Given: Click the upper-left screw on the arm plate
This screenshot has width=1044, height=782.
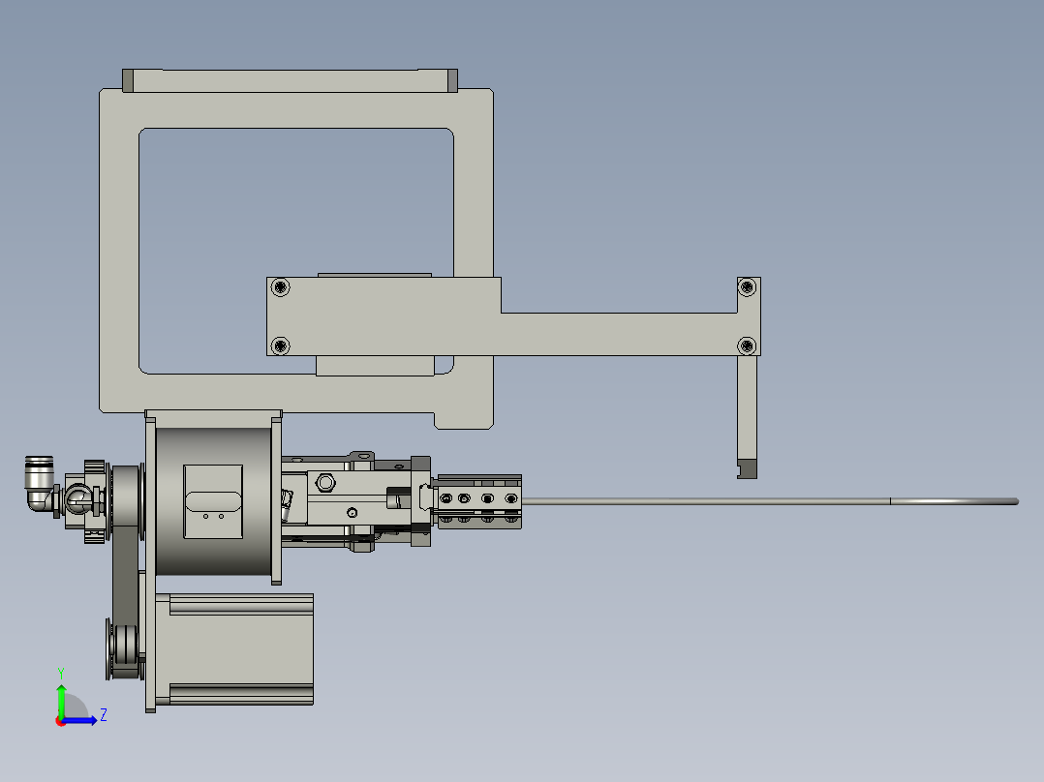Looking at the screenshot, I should click(x=281, y=286).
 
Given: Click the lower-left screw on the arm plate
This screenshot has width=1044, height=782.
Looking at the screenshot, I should click(x=281, y=345).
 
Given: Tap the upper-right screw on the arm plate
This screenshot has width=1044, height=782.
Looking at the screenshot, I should click(x=747, y=286).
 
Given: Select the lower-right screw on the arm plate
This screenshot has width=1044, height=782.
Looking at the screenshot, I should click(x=747, y=345).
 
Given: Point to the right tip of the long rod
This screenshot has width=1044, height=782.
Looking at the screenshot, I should click(x=1015, y=500).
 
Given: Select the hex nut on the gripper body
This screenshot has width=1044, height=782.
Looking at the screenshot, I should click(x=325, y=482).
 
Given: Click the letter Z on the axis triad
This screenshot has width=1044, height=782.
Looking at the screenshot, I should click(x=103, y=715).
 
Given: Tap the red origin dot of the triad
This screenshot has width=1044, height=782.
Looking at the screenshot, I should click(x=60, y=720).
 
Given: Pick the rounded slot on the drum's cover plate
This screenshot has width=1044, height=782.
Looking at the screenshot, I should click(x=213, y=500).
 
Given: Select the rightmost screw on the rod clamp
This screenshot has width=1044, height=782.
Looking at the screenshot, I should click(x=509, y=498).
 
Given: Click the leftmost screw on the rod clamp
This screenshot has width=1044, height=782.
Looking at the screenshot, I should click(x=445, y=498).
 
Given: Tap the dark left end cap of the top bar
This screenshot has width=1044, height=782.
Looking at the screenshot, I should click(x=128, y=81).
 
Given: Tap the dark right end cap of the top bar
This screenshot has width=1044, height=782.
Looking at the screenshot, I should click(x=451, y=81).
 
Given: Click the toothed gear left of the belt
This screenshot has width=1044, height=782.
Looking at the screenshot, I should click(x=94, y=500).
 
